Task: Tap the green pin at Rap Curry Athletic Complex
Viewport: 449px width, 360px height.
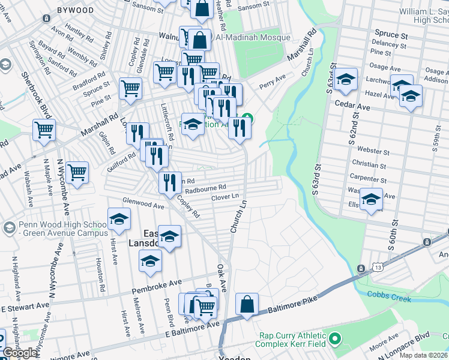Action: pyautogui.click(x=335, y=340)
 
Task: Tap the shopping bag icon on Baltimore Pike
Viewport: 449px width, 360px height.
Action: pyautogui.click(x=247, y=304)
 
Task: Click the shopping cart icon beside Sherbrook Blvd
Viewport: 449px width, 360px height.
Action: pyautogui.click(x=44, y=130)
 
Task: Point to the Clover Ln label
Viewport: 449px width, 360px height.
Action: pyautogui.click(x=225, y=196)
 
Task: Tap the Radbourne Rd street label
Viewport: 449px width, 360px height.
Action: pyautogui.click(x=205, y=188)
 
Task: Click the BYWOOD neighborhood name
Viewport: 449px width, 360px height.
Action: pyautogui.click(x=75, y=10)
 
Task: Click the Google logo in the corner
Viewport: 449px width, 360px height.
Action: pyautogui.click(x=20, y=353)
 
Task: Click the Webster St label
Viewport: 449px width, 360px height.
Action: pyautogui.click(x=371, y=149)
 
